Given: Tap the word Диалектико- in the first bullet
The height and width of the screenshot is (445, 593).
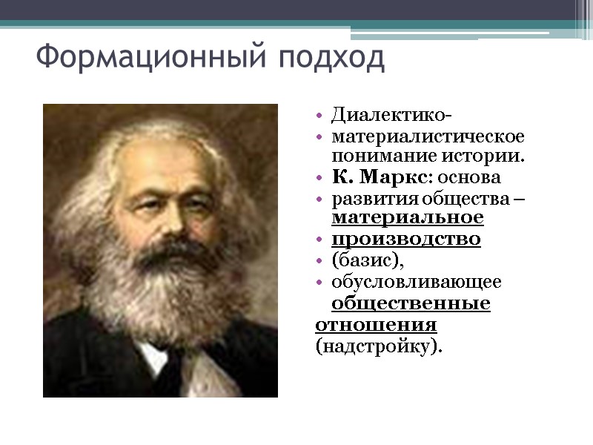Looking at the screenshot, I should tap(391, 116).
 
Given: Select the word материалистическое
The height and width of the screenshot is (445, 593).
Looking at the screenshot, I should tap(428, 137).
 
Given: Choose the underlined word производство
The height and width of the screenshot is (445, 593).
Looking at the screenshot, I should tap(405, 240).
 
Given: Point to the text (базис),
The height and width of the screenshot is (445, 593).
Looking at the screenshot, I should tap(368, 261).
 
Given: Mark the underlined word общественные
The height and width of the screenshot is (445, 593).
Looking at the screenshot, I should tap(410, 304).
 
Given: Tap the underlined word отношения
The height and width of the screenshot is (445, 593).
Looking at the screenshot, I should tap(376, 326).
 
